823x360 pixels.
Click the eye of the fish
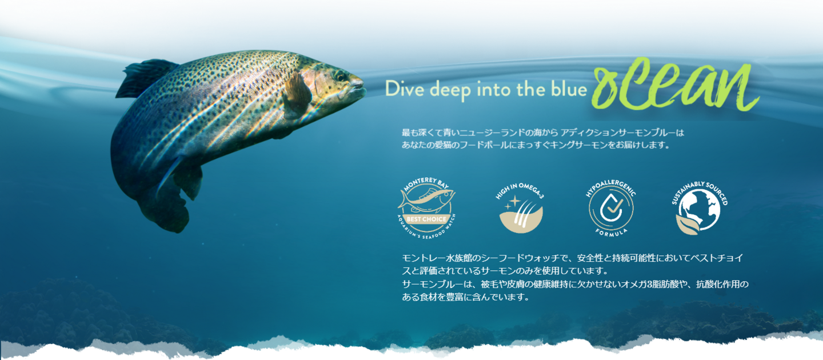pos(341,76)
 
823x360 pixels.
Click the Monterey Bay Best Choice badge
pos(426,208)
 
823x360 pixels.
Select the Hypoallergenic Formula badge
pos(611,208)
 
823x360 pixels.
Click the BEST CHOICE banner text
pos(426,219)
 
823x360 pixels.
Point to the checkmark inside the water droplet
pos(614,206)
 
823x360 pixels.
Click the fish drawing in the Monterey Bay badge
pos(426,200)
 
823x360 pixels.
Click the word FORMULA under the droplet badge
pos(611,232)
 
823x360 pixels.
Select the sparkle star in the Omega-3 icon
pos(515,201)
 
